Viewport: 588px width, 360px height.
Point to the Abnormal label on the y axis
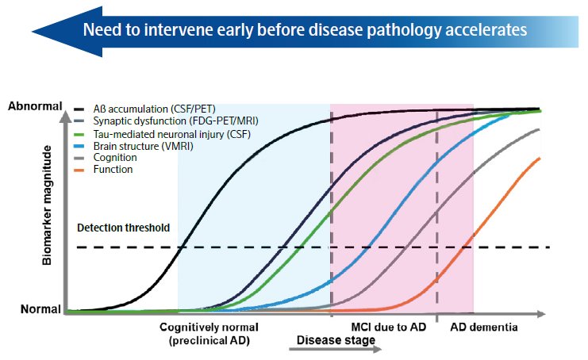coord(31,106)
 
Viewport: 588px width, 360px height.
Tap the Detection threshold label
coord(123,228)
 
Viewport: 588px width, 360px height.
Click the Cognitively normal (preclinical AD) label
coord(209,332)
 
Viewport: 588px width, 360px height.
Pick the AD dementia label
coord(483,327)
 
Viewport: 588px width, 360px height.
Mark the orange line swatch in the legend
coord(80,169)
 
